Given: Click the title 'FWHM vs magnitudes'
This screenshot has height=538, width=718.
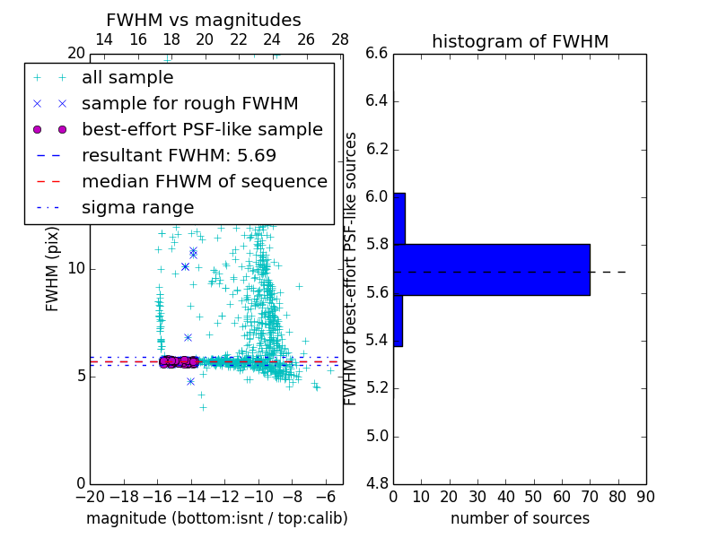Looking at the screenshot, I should coord(204,20).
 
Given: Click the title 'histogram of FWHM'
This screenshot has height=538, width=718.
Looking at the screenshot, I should coord(520,41).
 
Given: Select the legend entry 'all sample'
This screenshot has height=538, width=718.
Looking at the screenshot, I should coord(127,78).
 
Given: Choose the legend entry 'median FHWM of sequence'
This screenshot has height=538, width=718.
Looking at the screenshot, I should coord(204,181).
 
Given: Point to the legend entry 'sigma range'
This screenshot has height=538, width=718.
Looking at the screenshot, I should coord(137,207).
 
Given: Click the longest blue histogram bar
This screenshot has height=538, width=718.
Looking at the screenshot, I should coord(492,269).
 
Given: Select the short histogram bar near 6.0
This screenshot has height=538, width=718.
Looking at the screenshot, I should coord(399,218).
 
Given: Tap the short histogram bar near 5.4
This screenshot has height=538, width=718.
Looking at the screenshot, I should coord(398,320).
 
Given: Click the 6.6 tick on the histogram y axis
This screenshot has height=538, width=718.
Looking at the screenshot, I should coord(376,54).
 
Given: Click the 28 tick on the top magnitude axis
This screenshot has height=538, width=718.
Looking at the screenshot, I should coord(340,39).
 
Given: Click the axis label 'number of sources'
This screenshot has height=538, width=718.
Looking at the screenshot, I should coord(520,518).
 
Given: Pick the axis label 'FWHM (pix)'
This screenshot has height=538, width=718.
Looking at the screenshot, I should coord(53,269).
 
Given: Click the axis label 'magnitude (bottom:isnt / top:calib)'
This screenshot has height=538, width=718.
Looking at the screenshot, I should coord(216,518).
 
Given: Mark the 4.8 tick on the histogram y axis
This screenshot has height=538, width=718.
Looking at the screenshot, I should coord(376,483).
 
